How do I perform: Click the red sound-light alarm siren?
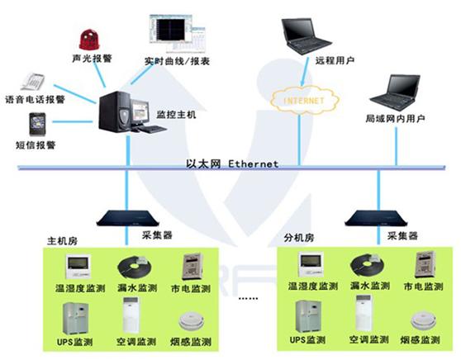click(x=89, y=40)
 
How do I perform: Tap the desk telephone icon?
click(x=33, y=82)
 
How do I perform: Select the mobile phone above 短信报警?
click(x=37, y=125)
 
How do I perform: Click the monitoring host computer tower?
click(x=114, y=111)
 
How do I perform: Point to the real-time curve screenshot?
click(x=177, y=33)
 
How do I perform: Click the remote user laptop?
click(x=305, y=36)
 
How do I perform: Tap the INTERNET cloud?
click(x=304, y=100)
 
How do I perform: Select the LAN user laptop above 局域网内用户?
click(x=395, y=92)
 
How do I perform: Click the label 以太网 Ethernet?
click(x=232, y=163)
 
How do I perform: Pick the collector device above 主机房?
click(x=127, y=218)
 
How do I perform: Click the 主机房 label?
click(x=63, y=241)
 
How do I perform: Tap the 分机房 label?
click(x=299, y=238)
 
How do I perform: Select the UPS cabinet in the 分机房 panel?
click(x=309, y=317)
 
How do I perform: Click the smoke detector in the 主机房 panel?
click(x=191, y=322)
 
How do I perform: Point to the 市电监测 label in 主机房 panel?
click(x=191, y=288)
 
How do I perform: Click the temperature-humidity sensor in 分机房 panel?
click(x=311, y=264)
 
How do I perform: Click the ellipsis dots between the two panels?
click(x=249, y=298)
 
